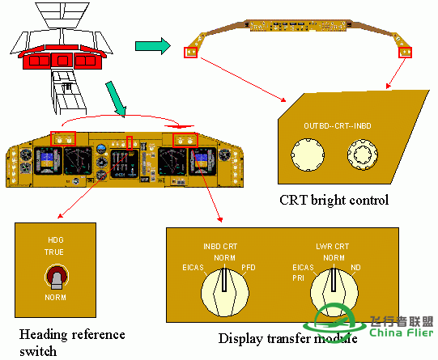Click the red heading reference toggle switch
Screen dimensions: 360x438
(55, 279)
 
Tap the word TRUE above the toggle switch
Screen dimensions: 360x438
(54, 252)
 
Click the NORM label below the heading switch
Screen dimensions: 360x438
(55, 297)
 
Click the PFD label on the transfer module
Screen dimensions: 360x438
(249, 265)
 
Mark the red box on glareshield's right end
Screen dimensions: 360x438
(405, 52)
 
